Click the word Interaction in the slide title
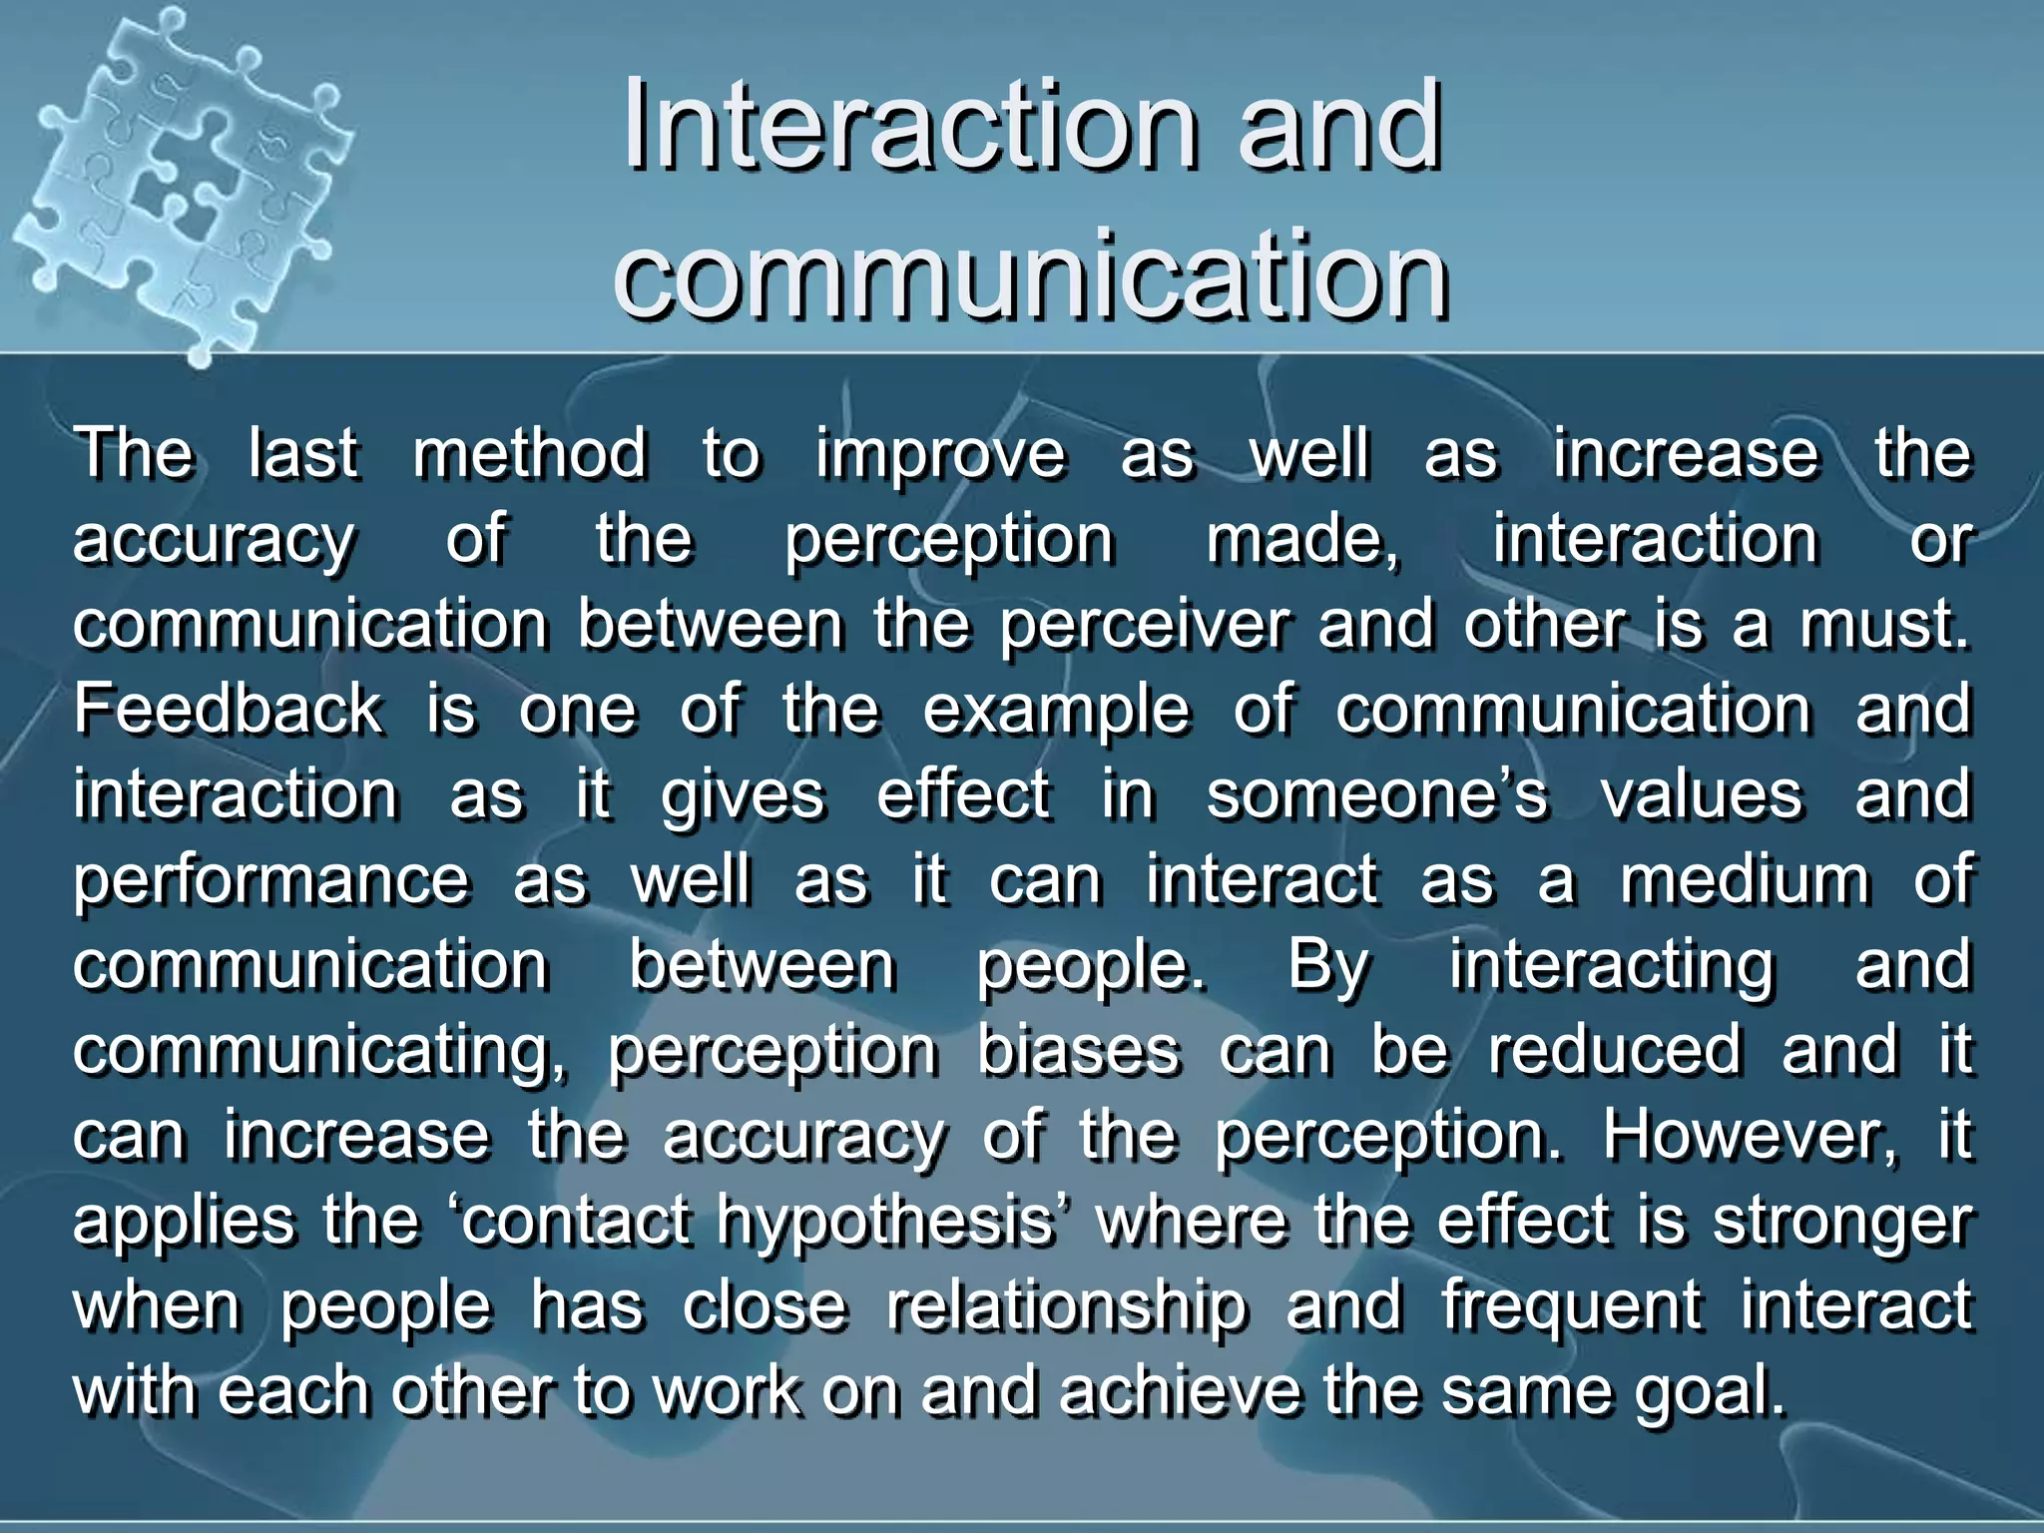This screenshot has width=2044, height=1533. click(908, 128)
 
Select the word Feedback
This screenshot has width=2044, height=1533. click(228, 710)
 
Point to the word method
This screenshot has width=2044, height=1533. click(530, 453)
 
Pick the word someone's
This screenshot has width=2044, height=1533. click(1377, 795)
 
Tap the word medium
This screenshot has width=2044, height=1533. click(1745, 881)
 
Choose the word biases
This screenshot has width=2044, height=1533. click(1079, 1051)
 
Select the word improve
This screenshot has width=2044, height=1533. click(941, 455)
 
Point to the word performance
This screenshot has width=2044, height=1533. click(270, 881)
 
